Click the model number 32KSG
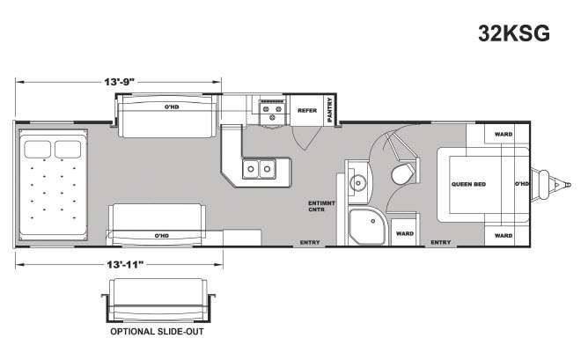click(x=514, y=33)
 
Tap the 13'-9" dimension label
click(x=119, y=82)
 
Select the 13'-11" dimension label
click(x=125, y=264)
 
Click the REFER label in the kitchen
click(x=307, y=110)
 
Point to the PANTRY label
click(x=330, y=110)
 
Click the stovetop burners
click(x=272, y=112)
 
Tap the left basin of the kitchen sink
click(x=251, y=169)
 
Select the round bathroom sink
click(x=358, y=182)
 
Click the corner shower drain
click(x=372, y=221)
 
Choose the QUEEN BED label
click(x=468, y=184)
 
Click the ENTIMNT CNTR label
click(x=321, y=206)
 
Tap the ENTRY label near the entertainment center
click(x=310, y=242)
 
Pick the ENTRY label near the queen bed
click(x=440, y=242)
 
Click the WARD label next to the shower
click(x=405, y=234)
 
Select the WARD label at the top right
click(x=504, y=134)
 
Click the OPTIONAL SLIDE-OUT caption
click(x=157, y=332)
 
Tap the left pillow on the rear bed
click(x=38, y=150)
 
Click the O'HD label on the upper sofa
click(x=172, y=107)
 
